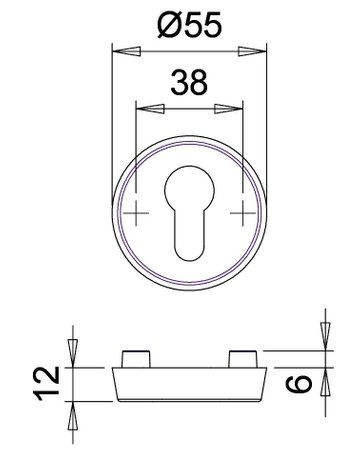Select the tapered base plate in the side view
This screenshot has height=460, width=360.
(x=190, y=383)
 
